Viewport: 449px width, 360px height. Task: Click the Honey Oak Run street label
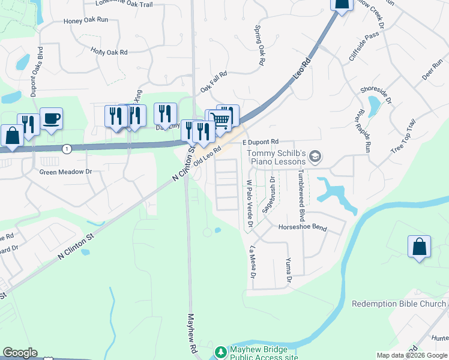tap(86, 20)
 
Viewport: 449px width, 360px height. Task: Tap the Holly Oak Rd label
tap(109, 52)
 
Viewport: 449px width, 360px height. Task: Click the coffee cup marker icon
tap(52, 118)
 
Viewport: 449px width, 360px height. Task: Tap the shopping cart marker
tap(221, 120)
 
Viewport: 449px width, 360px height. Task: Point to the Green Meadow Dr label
tap(65, 172)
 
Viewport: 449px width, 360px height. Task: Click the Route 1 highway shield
tap(67, 148)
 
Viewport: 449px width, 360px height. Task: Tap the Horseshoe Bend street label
tap(303, 227)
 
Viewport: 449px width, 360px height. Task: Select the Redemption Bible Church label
tap(399, 304)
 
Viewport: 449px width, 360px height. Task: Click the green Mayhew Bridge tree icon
tap(221, 351)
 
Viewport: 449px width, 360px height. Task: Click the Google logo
tap(20, 353)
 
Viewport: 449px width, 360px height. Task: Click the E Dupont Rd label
tap(261, 142)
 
